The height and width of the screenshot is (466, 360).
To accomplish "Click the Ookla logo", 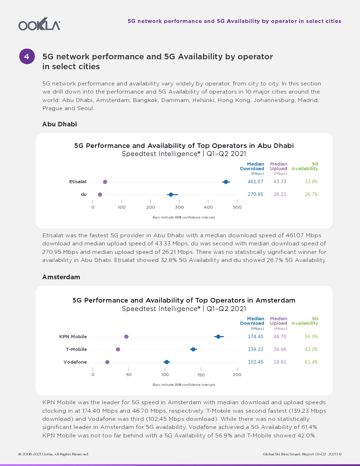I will coord(39,24).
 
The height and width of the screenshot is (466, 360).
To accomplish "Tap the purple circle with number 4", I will coord(27,56).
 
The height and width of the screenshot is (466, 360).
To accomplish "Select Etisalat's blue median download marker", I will coord(226,182).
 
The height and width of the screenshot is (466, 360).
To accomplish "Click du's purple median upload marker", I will coord(100,195).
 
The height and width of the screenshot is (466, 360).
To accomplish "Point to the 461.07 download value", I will coord(255,182).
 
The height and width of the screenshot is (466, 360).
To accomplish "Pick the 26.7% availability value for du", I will coord(311,195).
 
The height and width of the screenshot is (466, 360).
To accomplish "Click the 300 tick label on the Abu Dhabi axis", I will coord(179,207).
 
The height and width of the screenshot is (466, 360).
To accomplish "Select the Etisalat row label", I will coord(78,182).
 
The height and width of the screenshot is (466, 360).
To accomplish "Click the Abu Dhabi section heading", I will coord(59,124).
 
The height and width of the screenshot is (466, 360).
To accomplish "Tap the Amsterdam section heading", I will coord(61,277).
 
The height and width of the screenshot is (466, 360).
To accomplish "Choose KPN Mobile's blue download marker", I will coord(218,337).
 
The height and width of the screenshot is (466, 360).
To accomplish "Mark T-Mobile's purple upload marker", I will coord(118,349).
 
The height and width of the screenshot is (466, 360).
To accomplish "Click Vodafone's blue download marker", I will coord(167,362).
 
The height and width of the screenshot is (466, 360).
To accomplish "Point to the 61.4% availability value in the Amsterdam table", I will coord(311,362).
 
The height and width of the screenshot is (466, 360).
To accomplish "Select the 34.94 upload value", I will coord(280,349).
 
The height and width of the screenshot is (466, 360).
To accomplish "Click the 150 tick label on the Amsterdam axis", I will coord(201,375).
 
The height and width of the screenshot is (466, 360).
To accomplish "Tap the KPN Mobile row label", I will coord(73,337).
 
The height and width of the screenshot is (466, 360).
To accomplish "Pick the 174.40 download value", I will coord(255,337).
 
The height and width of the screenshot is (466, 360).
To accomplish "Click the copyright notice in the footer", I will coord(53,454).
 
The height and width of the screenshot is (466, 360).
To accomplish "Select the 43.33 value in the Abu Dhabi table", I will coord(280,182).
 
